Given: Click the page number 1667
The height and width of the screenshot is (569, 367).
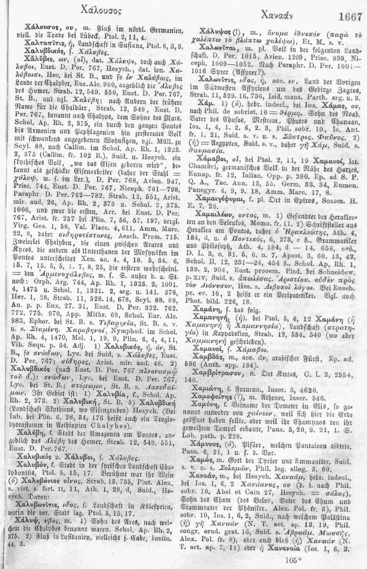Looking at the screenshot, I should (350, 17).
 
